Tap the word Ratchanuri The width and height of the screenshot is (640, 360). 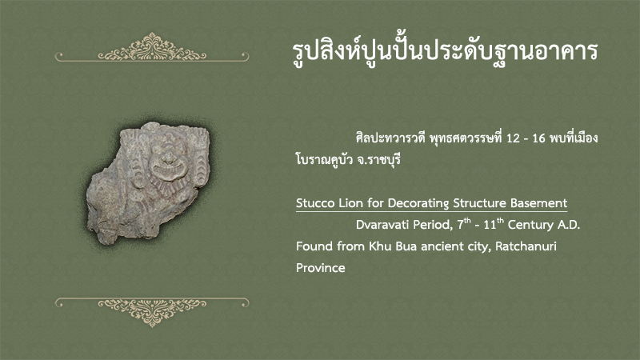coord(526,246)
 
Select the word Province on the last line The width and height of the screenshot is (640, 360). coord(321,268)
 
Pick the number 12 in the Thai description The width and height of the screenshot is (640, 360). coord(513,138)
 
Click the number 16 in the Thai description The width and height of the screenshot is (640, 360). coord(538,138)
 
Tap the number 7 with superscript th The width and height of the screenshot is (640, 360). coord(464,224)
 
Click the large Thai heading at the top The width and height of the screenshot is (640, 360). coord(446,51)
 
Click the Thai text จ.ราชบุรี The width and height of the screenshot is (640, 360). coord(378,159)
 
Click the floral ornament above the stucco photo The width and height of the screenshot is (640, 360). coord(152,47)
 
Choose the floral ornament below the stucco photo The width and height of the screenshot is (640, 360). coord(152,312)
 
